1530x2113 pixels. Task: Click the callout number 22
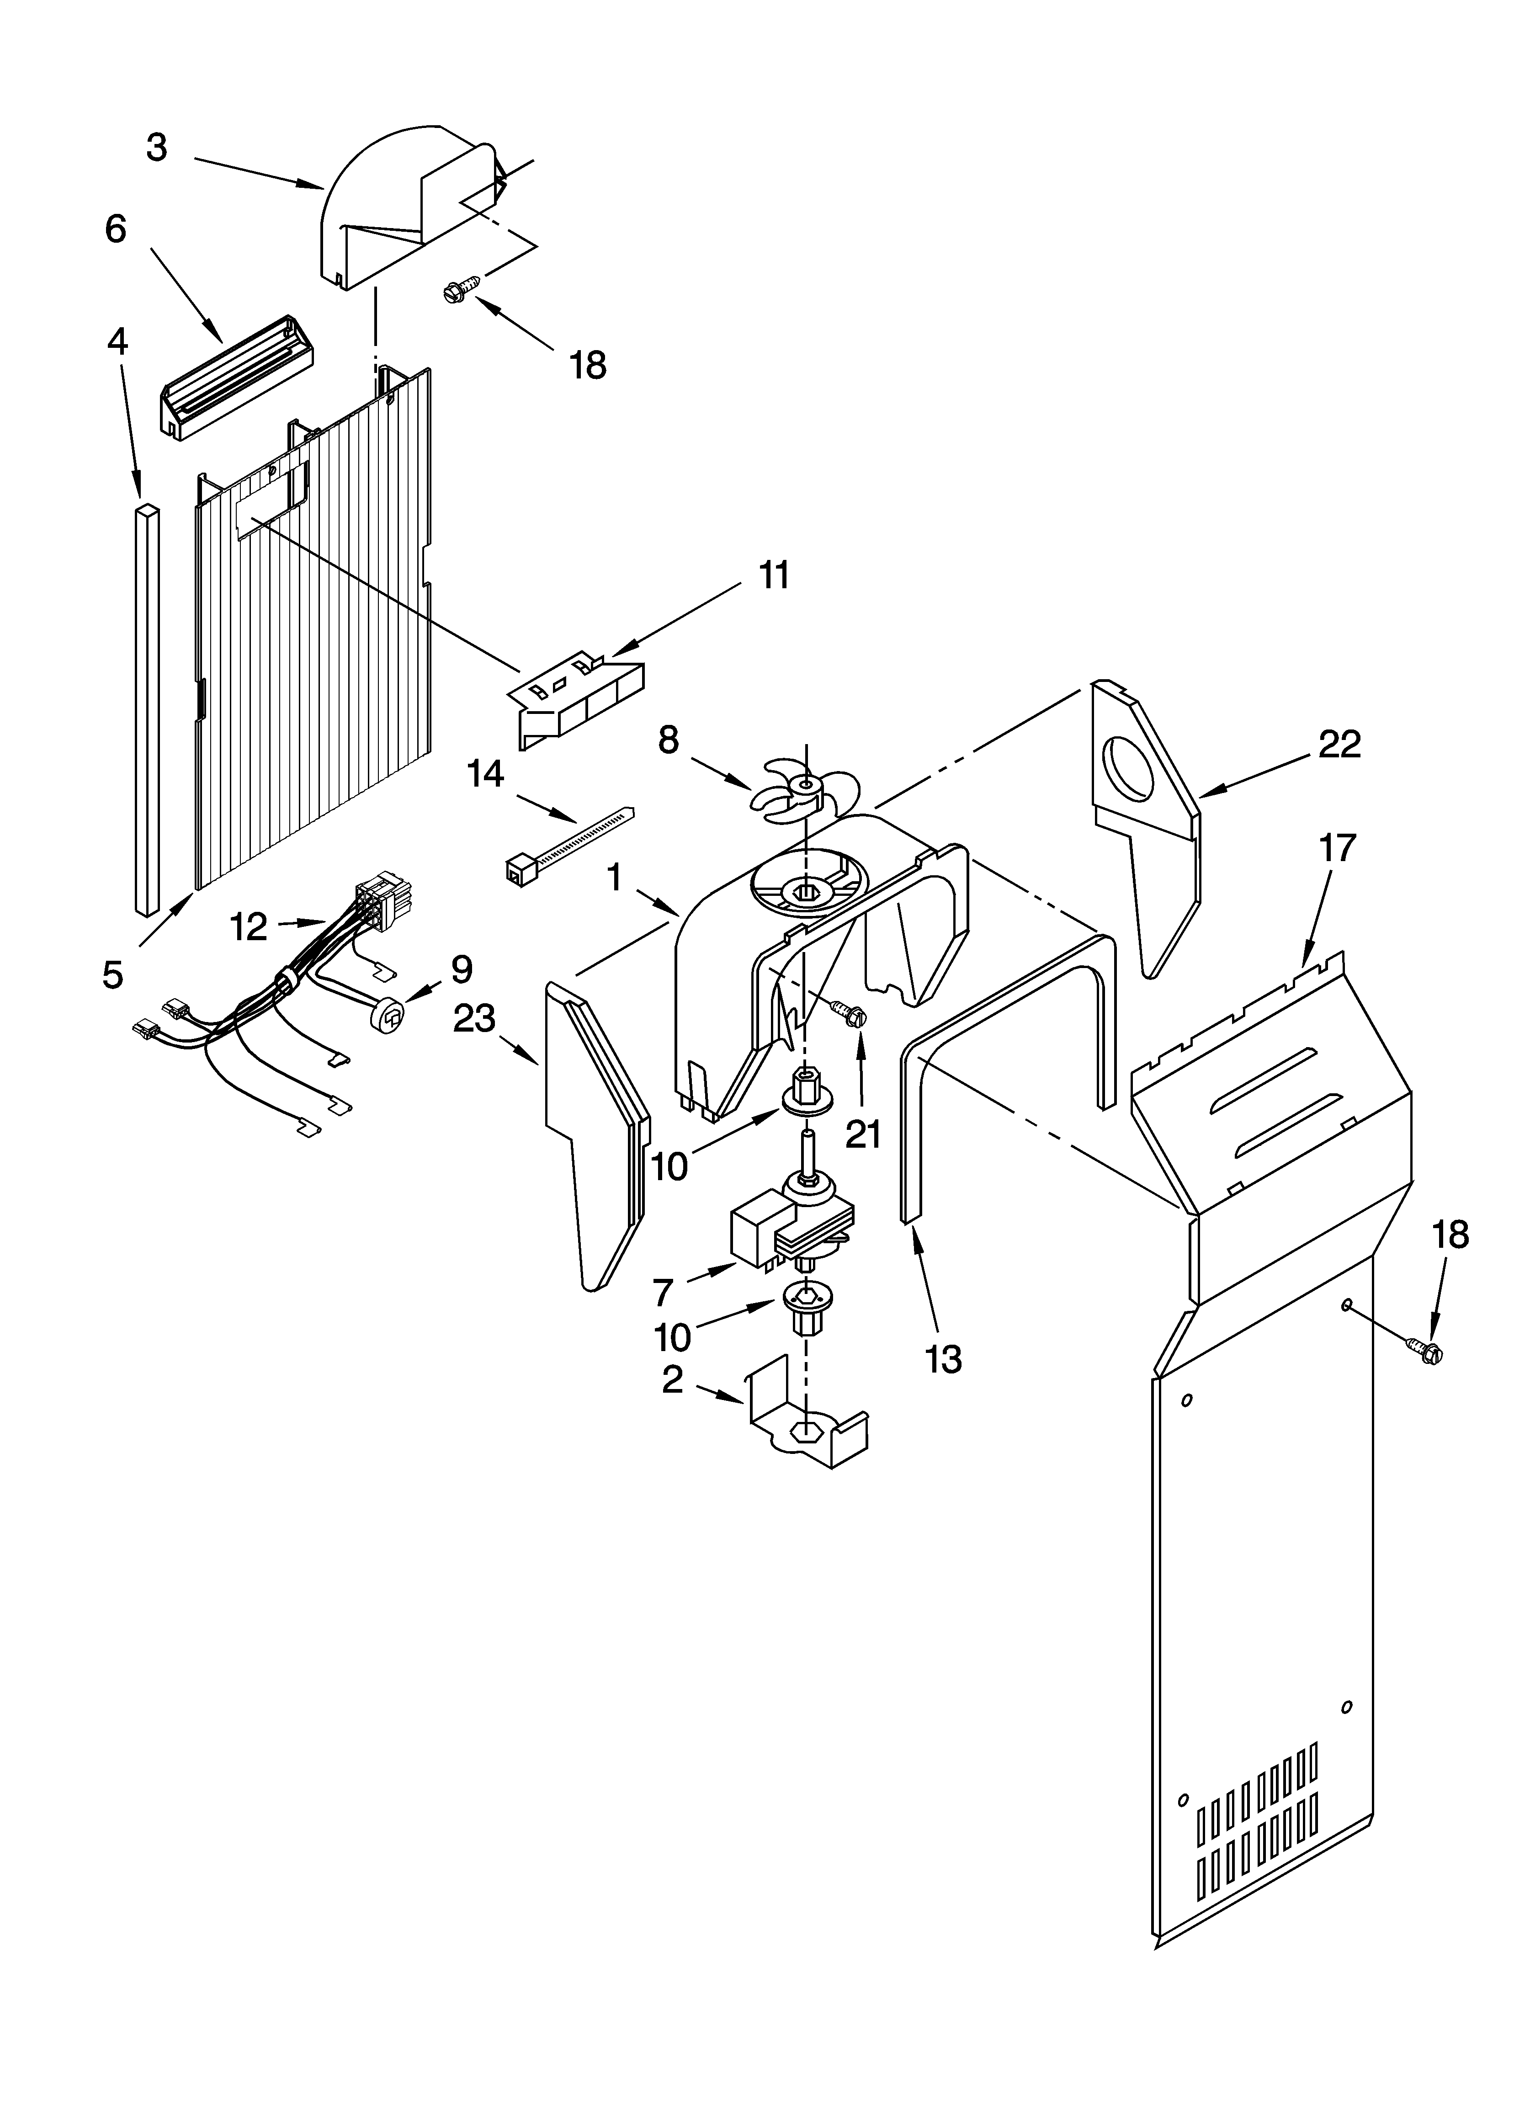(x=1339, y=744)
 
